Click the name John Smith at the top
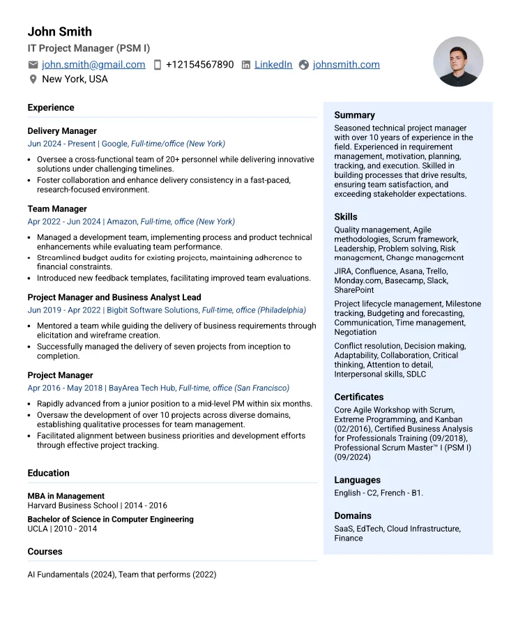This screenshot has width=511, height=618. pos(59,31)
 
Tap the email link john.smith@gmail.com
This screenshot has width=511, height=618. pos(93,65)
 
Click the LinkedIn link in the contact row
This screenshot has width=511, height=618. pos(273,65)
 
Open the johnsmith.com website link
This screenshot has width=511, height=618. pos(346,65)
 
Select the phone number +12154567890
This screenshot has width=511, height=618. pos(199,65)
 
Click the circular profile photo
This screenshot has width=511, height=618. pos(458,61)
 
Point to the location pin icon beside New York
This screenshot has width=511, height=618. pos(33,80)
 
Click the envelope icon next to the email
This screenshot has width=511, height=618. pos(33,65)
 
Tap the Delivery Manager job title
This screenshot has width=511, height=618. pos(62,131)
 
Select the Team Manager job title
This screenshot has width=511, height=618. pos(57,209)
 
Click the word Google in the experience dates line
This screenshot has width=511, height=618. pos(114,144)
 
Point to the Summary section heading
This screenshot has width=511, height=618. pos(354,115)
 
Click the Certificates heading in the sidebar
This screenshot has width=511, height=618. pos(358,397)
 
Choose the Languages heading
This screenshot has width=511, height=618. pos(357,480)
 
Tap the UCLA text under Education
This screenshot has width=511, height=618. pos(38,529)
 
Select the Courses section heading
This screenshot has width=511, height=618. pos(45,552)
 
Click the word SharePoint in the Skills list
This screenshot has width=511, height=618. pos(354,290)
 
